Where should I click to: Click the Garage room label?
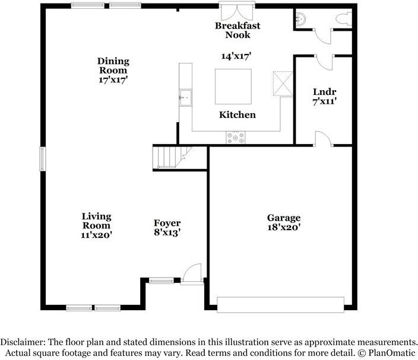[284, 218]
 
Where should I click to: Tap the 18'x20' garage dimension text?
[284, 227]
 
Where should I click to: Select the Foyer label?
[167, 223]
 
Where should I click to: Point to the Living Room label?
[96, 221]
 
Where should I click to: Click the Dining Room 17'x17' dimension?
[113, 79]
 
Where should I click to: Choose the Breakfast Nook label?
[237, 30]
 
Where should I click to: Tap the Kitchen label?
[237, 115]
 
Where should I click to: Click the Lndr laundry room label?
[324, 92]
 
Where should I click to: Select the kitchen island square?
[233, 87]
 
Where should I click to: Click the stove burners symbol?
[236, 138]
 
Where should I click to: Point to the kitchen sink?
[185, 98]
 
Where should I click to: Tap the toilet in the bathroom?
[344, 19]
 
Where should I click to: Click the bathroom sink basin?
[301, 19]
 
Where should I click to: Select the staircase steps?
[170, 157]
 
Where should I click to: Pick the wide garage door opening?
[280, 305]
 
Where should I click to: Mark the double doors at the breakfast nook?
[237, 11]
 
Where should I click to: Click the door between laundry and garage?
[324, 139]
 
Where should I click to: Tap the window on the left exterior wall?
[43, 159]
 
